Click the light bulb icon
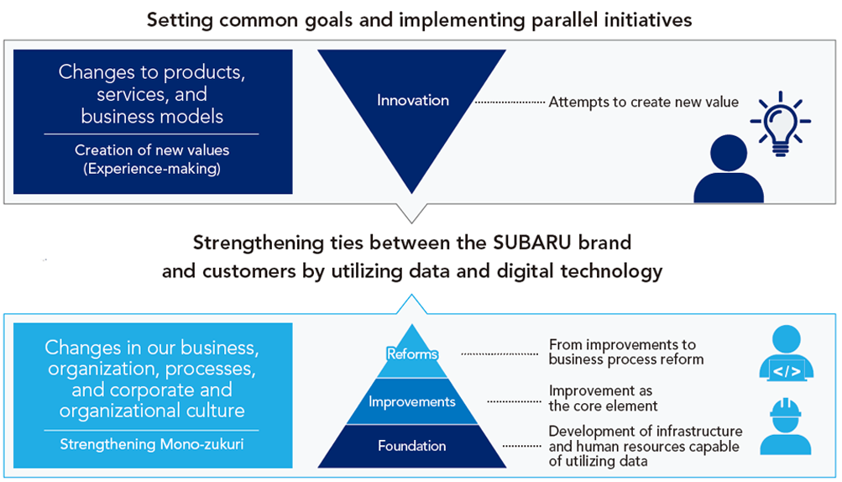point(780,123)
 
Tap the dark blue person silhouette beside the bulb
point(728,169)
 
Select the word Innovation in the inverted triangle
point(412,101)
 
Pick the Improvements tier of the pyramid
point(412,401)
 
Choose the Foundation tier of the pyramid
point(412,446)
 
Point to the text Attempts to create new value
point(643,102)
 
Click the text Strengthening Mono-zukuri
point(151,444)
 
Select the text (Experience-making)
point(152,169)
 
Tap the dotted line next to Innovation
point(510,102)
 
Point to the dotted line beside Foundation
point(521,446)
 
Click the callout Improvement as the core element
point(603,398)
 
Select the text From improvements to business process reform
point(626,352)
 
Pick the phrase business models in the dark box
point(152,116)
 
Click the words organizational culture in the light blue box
point(152,411)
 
